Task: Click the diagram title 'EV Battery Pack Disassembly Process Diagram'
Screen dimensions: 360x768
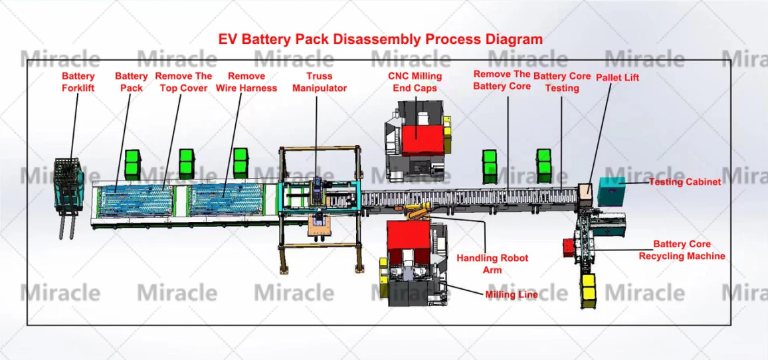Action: click(380, 39)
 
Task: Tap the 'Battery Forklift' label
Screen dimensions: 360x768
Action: click(78, 82)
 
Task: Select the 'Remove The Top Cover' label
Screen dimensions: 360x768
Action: click(183, 82)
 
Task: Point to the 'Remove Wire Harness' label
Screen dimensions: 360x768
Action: click(246, 82)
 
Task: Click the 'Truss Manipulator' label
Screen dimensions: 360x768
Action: click(320, 82)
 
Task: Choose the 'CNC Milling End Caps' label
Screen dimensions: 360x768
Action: click(415, 82)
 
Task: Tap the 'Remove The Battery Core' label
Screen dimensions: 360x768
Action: click(502, 80)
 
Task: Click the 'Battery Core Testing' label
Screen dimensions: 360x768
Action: click(562, 82)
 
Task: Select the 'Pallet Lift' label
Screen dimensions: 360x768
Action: click(617, 77)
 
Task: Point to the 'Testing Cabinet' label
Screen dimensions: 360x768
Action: click(684, 182)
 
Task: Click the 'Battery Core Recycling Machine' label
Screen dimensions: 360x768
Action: click(682, 250)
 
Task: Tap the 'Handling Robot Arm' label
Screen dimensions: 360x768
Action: click(492, 263)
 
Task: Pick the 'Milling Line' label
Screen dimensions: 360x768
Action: click(511, 294)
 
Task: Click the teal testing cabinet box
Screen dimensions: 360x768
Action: click(612, 191)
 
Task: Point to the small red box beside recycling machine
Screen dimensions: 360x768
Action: click(569, 247)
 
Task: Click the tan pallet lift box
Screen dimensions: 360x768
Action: click(585, 191)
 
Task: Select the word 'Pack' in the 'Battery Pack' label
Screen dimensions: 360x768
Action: click(132, 88)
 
